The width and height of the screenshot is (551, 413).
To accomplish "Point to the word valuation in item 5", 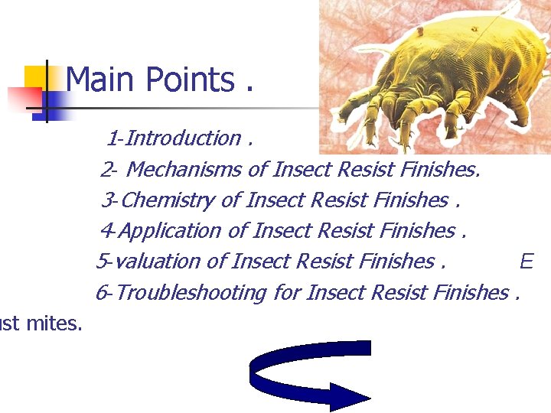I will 159,262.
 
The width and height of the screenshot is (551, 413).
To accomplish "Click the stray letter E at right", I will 526,262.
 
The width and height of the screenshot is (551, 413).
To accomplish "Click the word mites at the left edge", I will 53,324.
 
